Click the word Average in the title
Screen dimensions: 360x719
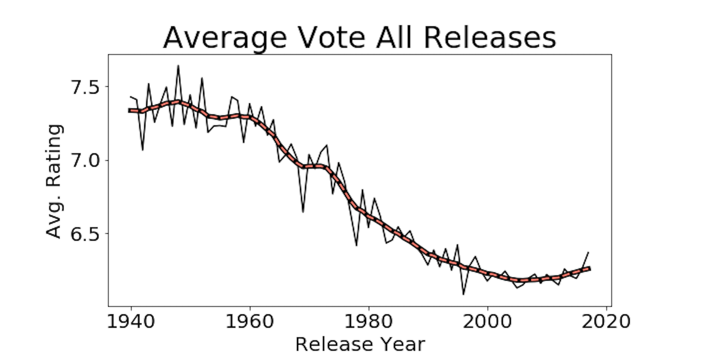pyautogui.click(x=225, y=38)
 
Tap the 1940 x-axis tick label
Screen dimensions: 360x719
pyautogui.click(x=131, y=321)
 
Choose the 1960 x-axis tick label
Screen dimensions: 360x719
pyautogui.click(x=249, y=321)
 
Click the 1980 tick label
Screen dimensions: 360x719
pyautogui.click(x=369, y=321)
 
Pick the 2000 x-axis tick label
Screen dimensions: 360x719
pyautogui.click(x=487, y=321)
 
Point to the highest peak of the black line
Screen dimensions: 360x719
pyautogui.click(x=178, y=66)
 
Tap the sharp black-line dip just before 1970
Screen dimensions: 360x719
pyautogui.click(x=303, y=212)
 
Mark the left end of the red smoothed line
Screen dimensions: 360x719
pyautogui.click(x=129, y=110)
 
